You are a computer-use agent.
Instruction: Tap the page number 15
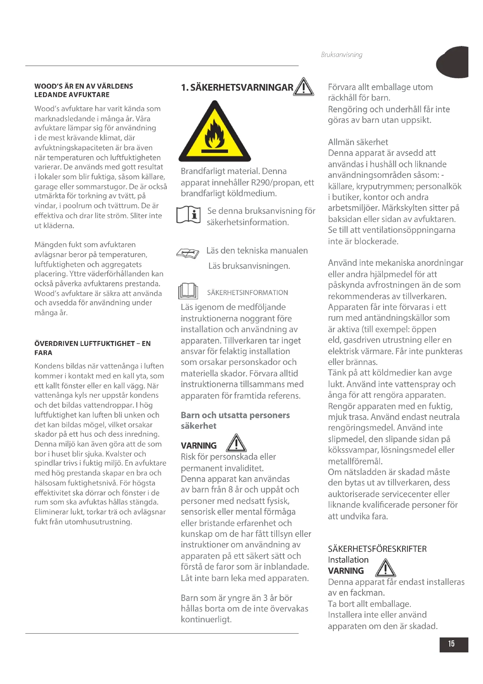pos(451,644)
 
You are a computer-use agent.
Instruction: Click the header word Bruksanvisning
pos(341,54)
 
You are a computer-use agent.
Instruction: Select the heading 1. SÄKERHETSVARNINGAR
pos(237,88)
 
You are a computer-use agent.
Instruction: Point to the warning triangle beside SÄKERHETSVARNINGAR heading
pos(303,87)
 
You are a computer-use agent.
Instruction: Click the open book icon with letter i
pos(189,214)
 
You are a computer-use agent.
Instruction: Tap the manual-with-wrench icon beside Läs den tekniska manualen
pos(188,254)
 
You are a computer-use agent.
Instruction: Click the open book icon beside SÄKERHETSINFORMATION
pos(188,291)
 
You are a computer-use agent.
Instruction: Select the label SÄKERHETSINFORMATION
pos(247,292)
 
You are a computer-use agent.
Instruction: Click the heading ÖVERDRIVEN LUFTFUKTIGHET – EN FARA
pos(93,348)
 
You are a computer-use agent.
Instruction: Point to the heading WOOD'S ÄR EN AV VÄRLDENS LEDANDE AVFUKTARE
pos(84,90)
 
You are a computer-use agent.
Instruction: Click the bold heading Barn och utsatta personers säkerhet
pos(235,420)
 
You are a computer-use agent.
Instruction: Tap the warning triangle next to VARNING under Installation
pos(385,568)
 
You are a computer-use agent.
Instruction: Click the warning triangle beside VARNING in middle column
pos(236,443)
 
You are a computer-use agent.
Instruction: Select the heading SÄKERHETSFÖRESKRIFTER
pos(377,549)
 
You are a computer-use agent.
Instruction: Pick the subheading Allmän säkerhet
pos(358,142)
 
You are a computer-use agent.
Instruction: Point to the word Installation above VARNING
pos(348,560)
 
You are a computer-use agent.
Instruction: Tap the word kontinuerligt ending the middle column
pos(206,619)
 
